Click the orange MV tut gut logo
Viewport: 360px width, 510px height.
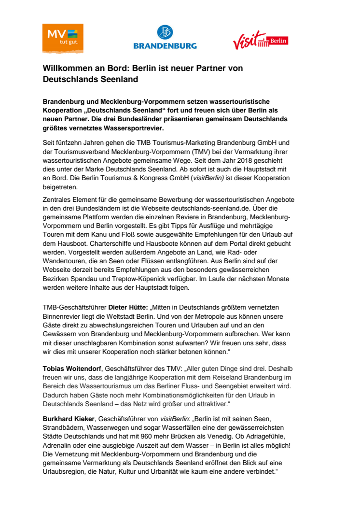click(x=63, y=38)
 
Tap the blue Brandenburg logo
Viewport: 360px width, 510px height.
click(x=165, y=38)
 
